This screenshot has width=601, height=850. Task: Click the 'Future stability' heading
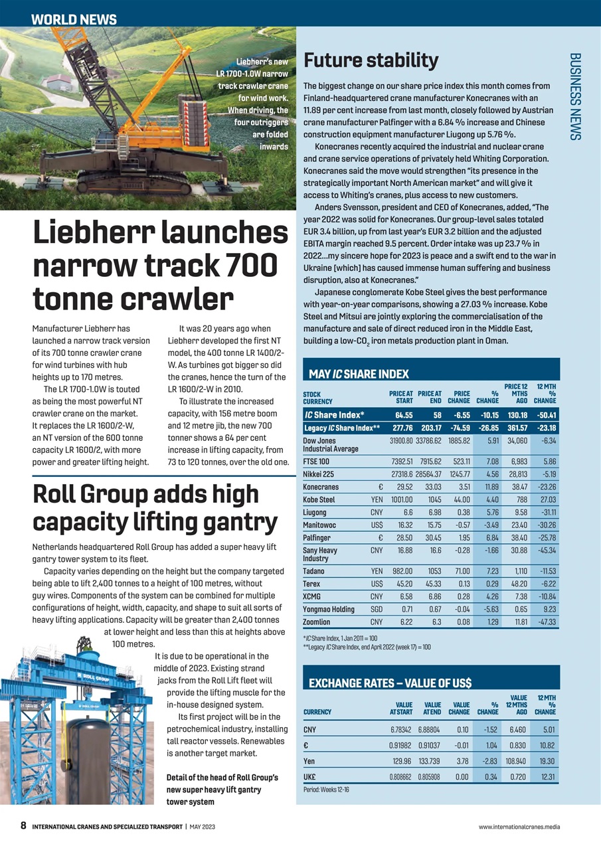371,60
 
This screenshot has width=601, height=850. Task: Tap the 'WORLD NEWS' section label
74,20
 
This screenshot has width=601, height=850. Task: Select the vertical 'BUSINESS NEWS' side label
575,96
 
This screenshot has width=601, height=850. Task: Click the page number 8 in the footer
23,827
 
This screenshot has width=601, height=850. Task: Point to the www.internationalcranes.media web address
519,827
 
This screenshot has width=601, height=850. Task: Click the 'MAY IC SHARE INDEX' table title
359,375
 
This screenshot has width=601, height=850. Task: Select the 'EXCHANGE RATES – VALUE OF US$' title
390,683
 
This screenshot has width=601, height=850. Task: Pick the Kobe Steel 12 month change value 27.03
548,499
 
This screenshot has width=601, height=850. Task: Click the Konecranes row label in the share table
321,487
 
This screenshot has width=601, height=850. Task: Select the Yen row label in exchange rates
309,761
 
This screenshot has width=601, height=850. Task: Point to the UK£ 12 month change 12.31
548,776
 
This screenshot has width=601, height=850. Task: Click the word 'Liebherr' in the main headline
107,234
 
